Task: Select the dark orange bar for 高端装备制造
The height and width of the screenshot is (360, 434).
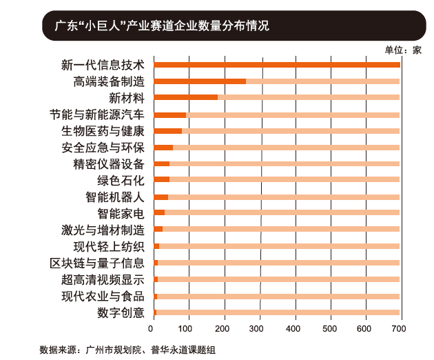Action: (200, 81)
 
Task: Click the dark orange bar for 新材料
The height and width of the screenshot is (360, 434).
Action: (185, 98)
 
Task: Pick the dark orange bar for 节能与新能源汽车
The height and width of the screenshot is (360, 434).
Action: (170, 114)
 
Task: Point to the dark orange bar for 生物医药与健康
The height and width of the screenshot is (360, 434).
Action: (168, 131)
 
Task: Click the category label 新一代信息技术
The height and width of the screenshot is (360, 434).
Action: (103, 65)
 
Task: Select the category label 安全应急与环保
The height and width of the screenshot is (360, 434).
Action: (103, 148)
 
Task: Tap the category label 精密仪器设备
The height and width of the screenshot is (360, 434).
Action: (108, 164)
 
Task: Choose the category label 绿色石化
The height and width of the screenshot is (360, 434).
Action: (121, 181)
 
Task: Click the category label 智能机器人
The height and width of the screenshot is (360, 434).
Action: (114, 197)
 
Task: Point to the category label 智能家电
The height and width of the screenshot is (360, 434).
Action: (121, 213)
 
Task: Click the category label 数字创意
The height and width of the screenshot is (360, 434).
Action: (121, 312)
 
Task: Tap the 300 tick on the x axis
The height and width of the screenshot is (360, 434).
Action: (259, 328)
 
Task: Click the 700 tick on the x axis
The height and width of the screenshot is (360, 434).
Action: (400, 328)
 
